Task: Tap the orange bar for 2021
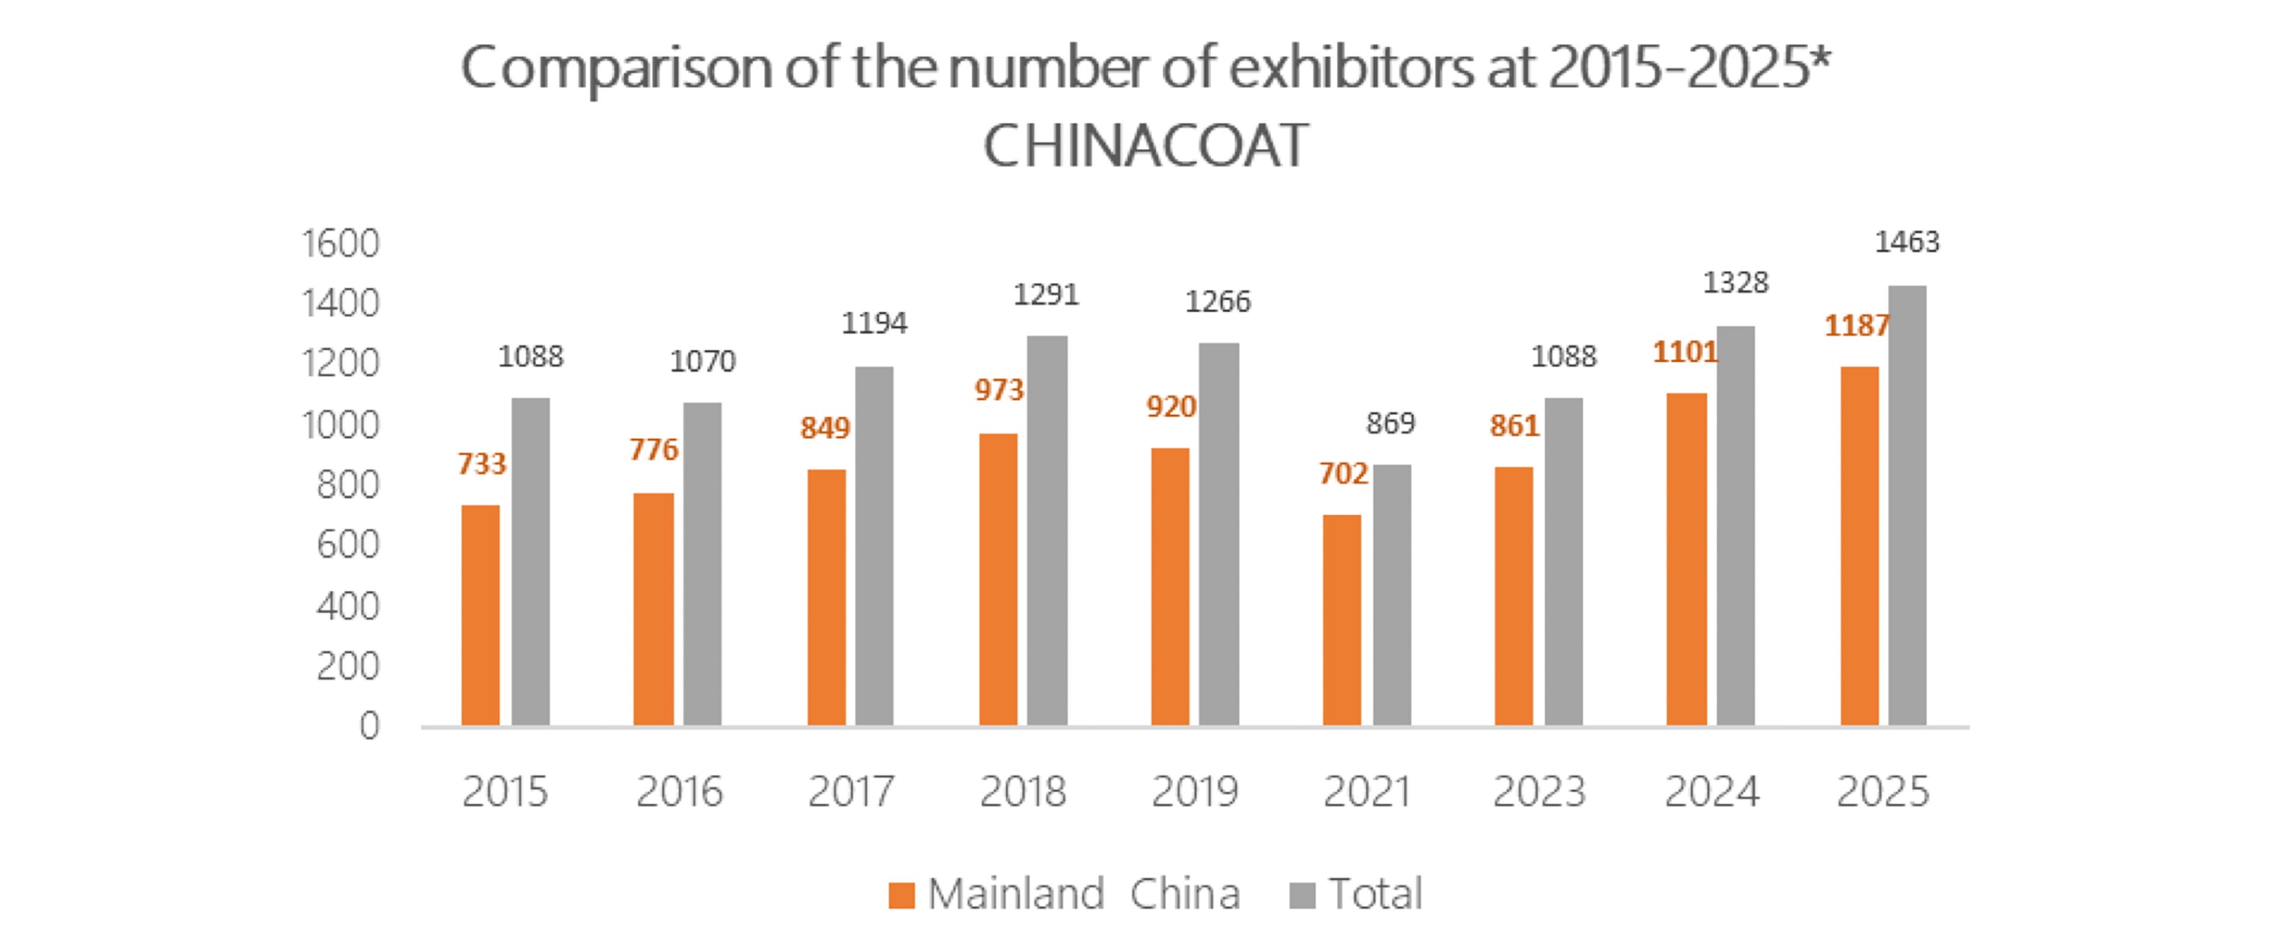pyautogui.click(x=1341, y=620)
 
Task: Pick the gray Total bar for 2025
pyautogui.click(x=1907, y=505)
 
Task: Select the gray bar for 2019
pyautogui.click(x=1219, y=533)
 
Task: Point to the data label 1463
pyautogui.click(x=1906, y=241)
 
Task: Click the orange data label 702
pyautogui.click(x=1342, y=474)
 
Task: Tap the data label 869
pyautogui.click(x=1390, y=423)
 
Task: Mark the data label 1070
pyautogui.click(x=702, y=361)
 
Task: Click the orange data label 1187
pyautogui.click(x=1856, y=326)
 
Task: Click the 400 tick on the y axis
pyautogui.click(x=348, y=606)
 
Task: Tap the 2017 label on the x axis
pyautogui.click(x=851, y=791)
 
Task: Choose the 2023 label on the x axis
pyautogui.click(x=1539, y=791)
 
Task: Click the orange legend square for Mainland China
pyautogui.click(x=901, y=895)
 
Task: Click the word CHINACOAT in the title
pyautogui.click(x=1145, y=145)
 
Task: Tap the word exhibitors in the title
pyautogui.click(x=1350, y=67)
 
